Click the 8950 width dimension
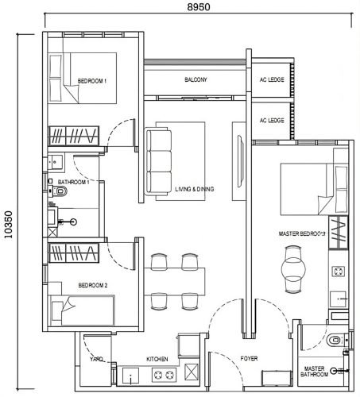coord(199,6)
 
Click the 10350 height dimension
coord(8,225)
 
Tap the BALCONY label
coord(195,79)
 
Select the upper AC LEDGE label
coord(272,79)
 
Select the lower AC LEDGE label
coord(272,121)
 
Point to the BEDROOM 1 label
coord(92,81)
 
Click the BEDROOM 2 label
coord(93,285)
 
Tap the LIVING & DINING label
coord(195,189)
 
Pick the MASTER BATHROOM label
coord(314,372)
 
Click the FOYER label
coord(249,359)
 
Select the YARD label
coord(96,359)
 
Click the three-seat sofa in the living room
coord(157,161)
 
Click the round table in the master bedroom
coord(293,269)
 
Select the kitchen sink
coord(130,375)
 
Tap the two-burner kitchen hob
coord(164,375)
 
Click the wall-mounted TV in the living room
coord(240,161)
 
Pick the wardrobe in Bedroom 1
coord(74,136)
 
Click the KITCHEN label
coord(157,359)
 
